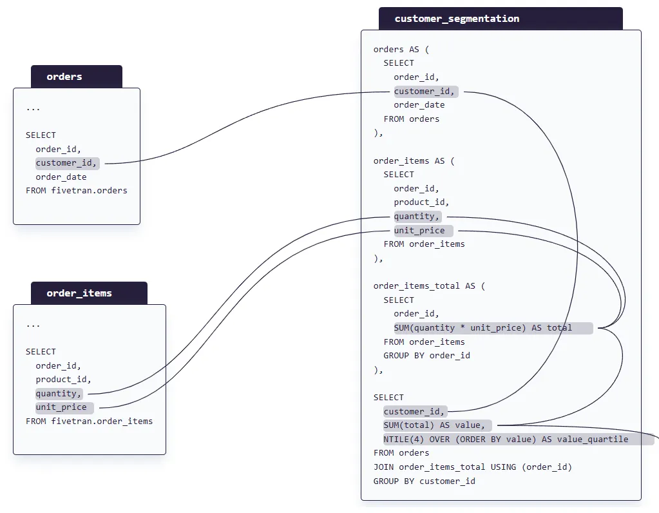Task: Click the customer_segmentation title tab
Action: click(x=457, y=19)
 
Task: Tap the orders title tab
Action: click(x=64, y=77)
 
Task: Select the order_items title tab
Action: click(x=79, y=293)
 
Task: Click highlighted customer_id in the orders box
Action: click(x=66, y=163)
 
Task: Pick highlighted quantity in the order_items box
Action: click(x=59, y=393)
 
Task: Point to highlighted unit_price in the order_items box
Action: click(x=61, y=407)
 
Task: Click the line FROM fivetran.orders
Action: click(x=77, y=191)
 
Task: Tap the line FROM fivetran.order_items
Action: click(x=90, y=421)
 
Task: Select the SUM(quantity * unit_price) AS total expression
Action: click(x=483, y=328)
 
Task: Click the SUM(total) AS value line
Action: click(x=434, y=425)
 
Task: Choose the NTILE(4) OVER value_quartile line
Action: click(x=506, y=440)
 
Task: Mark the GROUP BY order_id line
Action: click(x=427, y=356)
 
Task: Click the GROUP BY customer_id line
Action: click(x=425, y=481)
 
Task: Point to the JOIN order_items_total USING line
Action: click(x=473, y=467)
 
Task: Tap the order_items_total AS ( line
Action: click(x=429, y=286)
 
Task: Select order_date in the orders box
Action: click(x=61, y=177)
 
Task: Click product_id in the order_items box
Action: click(x=63, y=380)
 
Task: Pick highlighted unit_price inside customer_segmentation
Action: click(x=419, y=231)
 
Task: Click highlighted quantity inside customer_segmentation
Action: click(x=417, y=217)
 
